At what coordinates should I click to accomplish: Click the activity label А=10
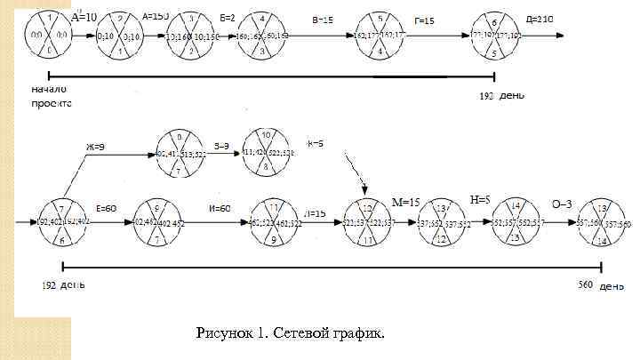click(x=84, y=16)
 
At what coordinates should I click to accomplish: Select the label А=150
click(x=156, y=16)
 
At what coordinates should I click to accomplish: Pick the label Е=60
click(x=105, y=207)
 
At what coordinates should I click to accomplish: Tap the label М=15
click(x=405, y=202)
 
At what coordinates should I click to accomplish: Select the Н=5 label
click(x=480, y=199)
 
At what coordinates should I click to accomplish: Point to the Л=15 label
click(x=316, y=213)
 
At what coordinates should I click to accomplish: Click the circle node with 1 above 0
click(x=48, y=36)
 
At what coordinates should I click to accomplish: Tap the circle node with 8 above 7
click(x=180, y=153)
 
